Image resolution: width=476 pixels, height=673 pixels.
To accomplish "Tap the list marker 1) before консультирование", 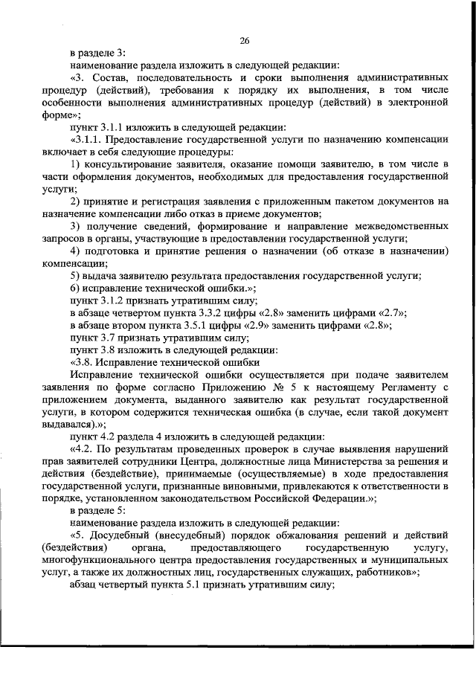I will point(75,163).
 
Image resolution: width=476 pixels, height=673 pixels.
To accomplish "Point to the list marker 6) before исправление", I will point(75,288).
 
